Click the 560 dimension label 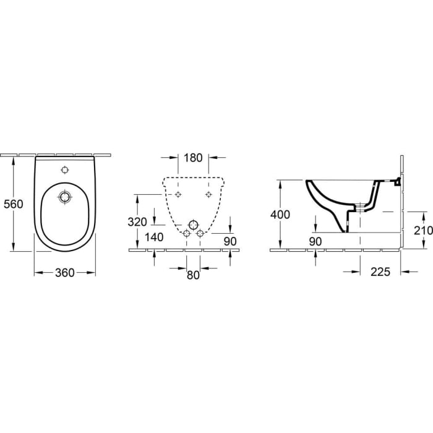coord(13,204)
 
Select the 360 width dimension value coord(64,273)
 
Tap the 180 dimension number coord(193,158)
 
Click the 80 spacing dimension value coord(193,275)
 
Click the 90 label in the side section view coord(315,241)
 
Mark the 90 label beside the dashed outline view coord(230,241)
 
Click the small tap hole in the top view coord(64,169)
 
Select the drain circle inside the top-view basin coord(64,197)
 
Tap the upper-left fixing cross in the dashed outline coord(178,194)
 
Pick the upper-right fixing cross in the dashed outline coord(208,194)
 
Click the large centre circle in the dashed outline coord(193,223)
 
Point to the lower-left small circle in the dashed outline coord(186,233)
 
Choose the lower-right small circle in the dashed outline coord(200,233)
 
